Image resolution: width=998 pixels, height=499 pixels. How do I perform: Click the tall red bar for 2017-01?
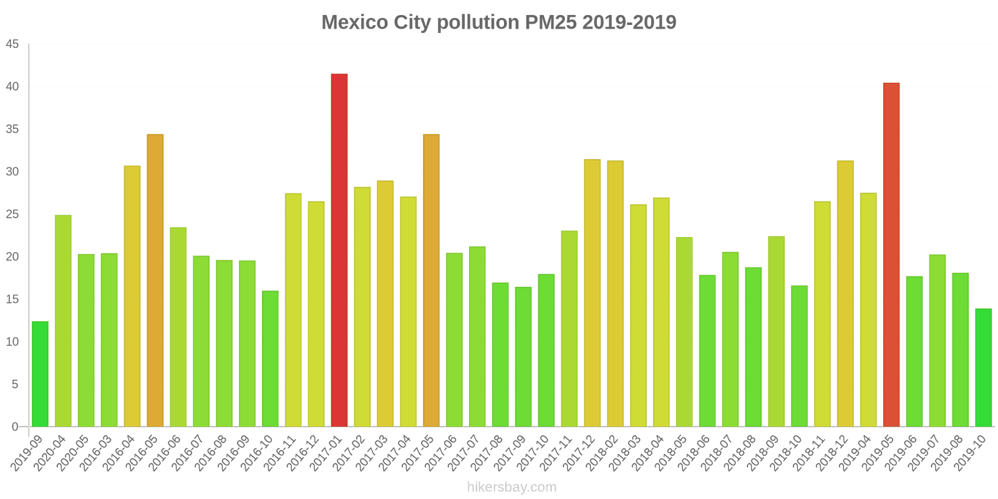pos(339,249)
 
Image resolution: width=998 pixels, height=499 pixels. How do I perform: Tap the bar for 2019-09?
pos(40,374)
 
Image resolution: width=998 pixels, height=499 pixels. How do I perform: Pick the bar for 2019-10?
pos(984,368)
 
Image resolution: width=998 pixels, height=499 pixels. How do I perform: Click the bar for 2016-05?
pos(155,281)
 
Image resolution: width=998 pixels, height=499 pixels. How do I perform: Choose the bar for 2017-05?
pos(431,281)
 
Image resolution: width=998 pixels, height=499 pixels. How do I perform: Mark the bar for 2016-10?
pos(270,359)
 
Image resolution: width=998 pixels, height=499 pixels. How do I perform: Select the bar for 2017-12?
pos(593,293)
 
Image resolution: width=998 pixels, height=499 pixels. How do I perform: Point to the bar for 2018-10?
pos(799,356)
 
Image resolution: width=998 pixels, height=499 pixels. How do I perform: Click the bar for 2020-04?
pos(63,321)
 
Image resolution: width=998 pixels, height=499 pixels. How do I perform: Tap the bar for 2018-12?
pos(845,293)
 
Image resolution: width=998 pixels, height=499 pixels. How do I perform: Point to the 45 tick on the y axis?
pos(12,44)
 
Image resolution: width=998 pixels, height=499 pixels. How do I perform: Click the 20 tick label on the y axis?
pos(12,257)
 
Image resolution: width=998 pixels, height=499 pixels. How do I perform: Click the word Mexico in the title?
pos(354,22)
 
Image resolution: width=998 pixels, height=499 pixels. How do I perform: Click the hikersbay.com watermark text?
pos(511,487)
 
